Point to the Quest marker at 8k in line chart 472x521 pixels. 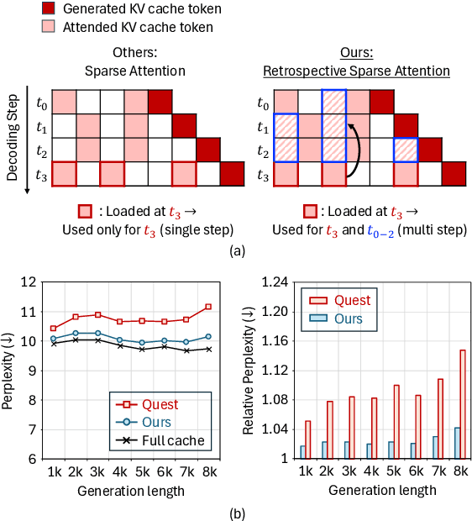208,307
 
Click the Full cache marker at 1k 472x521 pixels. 54,343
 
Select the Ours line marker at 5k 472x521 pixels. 142,343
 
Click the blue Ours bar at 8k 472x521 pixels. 456,443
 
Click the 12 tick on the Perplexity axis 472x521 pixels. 34,282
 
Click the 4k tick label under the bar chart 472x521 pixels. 370,474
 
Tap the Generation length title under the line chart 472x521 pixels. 131,490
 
